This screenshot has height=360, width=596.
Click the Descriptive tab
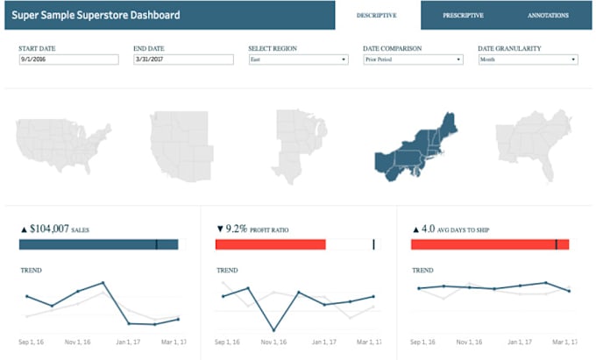(377, 15)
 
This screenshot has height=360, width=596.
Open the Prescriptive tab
(464, 15)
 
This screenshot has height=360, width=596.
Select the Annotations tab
(548, 15)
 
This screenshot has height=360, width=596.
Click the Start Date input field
(68, 60)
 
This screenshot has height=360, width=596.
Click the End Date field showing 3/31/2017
(183, 60)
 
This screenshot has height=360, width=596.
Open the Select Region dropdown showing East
(299, 60)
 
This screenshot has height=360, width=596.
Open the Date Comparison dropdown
(413, 60)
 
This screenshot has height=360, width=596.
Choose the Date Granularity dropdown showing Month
(528, 60)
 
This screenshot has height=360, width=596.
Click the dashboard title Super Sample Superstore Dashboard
(96, 15)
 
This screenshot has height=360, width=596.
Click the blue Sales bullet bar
(98, 244)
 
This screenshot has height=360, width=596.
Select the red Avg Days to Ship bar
(490, 244)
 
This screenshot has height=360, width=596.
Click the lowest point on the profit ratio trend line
(274, 330)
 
